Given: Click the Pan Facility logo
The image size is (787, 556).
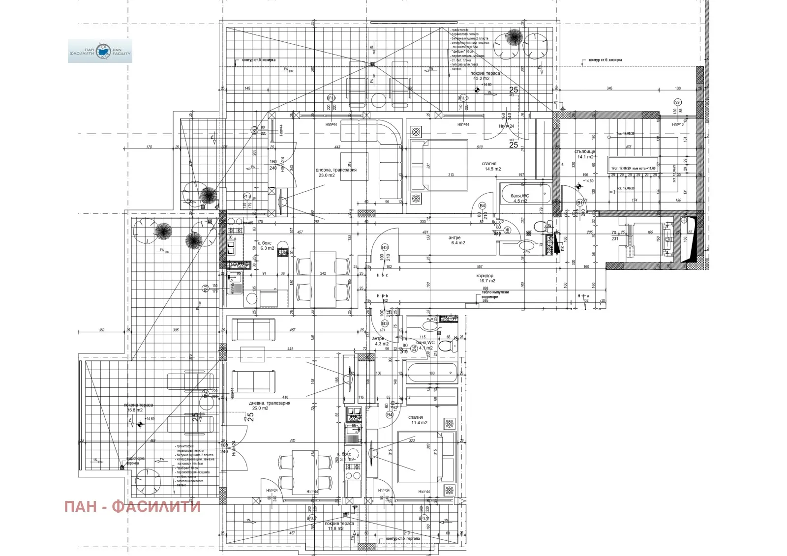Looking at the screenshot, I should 100,51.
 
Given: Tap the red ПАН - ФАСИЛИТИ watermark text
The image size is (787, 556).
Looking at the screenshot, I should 132,506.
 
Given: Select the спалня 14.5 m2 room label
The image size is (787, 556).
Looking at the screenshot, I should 490,167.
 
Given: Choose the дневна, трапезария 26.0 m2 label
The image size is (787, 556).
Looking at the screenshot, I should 269,405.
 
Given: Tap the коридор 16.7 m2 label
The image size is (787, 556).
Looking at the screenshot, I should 486,278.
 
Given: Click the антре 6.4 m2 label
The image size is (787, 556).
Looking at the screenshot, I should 456,240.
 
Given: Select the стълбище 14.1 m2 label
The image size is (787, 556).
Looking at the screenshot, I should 585,154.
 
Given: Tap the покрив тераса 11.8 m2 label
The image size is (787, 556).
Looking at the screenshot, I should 339,526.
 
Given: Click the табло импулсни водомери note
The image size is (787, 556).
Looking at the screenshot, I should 495,294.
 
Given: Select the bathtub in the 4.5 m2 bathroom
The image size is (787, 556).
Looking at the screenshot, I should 524,195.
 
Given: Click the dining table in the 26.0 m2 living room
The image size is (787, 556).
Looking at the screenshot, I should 305,467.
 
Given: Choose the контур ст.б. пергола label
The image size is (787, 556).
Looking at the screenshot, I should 403,539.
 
